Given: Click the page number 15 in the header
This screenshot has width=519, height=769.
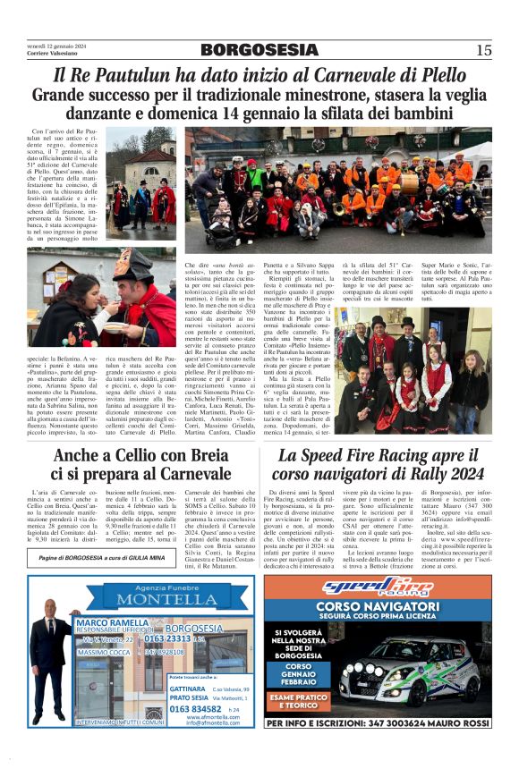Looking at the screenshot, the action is [484, 50].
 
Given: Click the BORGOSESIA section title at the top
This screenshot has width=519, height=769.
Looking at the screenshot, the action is [259, 50].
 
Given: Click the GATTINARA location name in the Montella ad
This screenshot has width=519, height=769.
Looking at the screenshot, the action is [188, 689].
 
